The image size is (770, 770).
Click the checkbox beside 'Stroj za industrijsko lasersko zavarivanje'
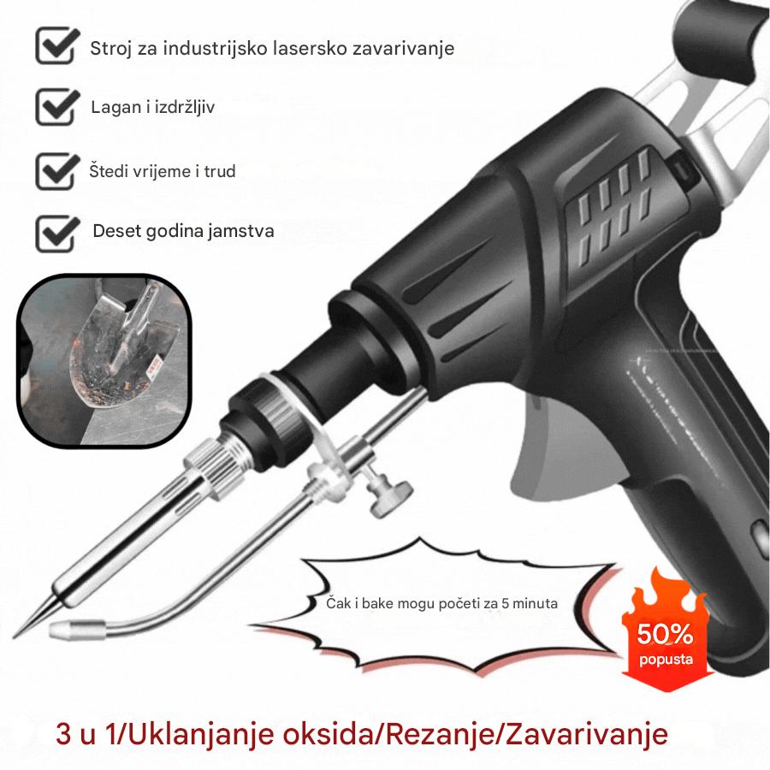pyautogui.click(x=57, y=45)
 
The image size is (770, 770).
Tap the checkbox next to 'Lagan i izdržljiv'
pyautogui.click(x=57, y=107)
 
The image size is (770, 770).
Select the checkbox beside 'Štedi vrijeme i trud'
pyautogui.click(x=57, y=169)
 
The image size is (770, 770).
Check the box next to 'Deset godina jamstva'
pyautogui.click(x=57, y=230)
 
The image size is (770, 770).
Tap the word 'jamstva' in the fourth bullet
pyautogui.click(x=245, y=232)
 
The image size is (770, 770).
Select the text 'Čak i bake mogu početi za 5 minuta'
pyautogui.click(x=442, y=603)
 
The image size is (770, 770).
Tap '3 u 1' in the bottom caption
pyautogui.click(x=91, y=735)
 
